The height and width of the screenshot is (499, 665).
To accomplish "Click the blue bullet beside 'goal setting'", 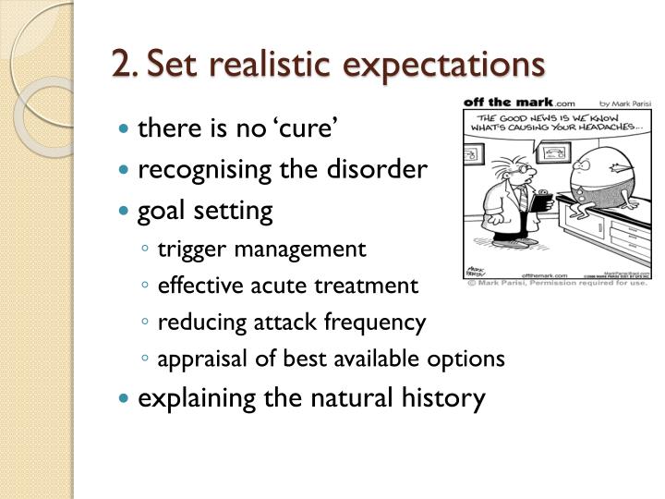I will pyautogui.click(x=126, y=212).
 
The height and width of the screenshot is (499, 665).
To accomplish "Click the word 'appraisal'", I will pyautogui.click(x=199, y=359).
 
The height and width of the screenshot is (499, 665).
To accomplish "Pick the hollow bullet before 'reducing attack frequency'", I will pyautogui.click(x=148, y=323).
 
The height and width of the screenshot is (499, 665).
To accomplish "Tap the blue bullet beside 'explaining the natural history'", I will pyautogui.click(x=126, y=399).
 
